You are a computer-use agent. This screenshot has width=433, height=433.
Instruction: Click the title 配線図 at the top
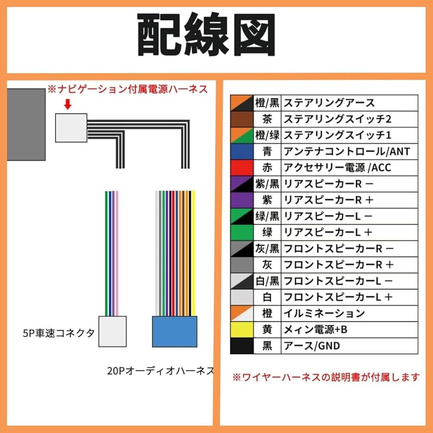click(206, 35)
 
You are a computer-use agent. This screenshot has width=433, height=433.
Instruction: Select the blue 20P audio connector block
click(174, 331)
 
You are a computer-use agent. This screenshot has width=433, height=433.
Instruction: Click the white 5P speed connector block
click(113, 331)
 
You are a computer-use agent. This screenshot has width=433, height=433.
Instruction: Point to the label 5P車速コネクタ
click(58, 333)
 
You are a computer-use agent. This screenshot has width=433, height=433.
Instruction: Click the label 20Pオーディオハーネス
click(160, 371)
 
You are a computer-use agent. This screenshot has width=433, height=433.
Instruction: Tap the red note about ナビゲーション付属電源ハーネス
click(128, 90)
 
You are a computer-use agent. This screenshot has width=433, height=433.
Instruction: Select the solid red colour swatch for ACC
click(242, 168)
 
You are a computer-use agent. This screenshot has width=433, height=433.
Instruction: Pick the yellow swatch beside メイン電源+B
click(242, 330)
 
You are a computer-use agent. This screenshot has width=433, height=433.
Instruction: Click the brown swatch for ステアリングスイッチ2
click(242, 119)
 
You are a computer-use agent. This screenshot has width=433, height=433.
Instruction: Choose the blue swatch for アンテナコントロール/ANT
click(242, 152)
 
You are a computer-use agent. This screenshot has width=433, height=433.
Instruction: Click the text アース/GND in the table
click(312, 346)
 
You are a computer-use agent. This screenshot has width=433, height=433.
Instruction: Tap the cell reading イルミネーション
click(324, 313)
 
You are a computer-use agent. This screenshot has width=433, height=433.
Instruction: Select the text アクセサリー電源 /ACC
click(337, 168)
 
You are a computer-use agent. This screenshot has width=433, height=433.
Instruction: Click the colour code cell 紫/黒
click(267, 184)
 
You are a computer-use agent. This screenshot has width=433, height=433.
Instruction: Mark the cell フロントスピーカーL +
click(338, 297)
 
